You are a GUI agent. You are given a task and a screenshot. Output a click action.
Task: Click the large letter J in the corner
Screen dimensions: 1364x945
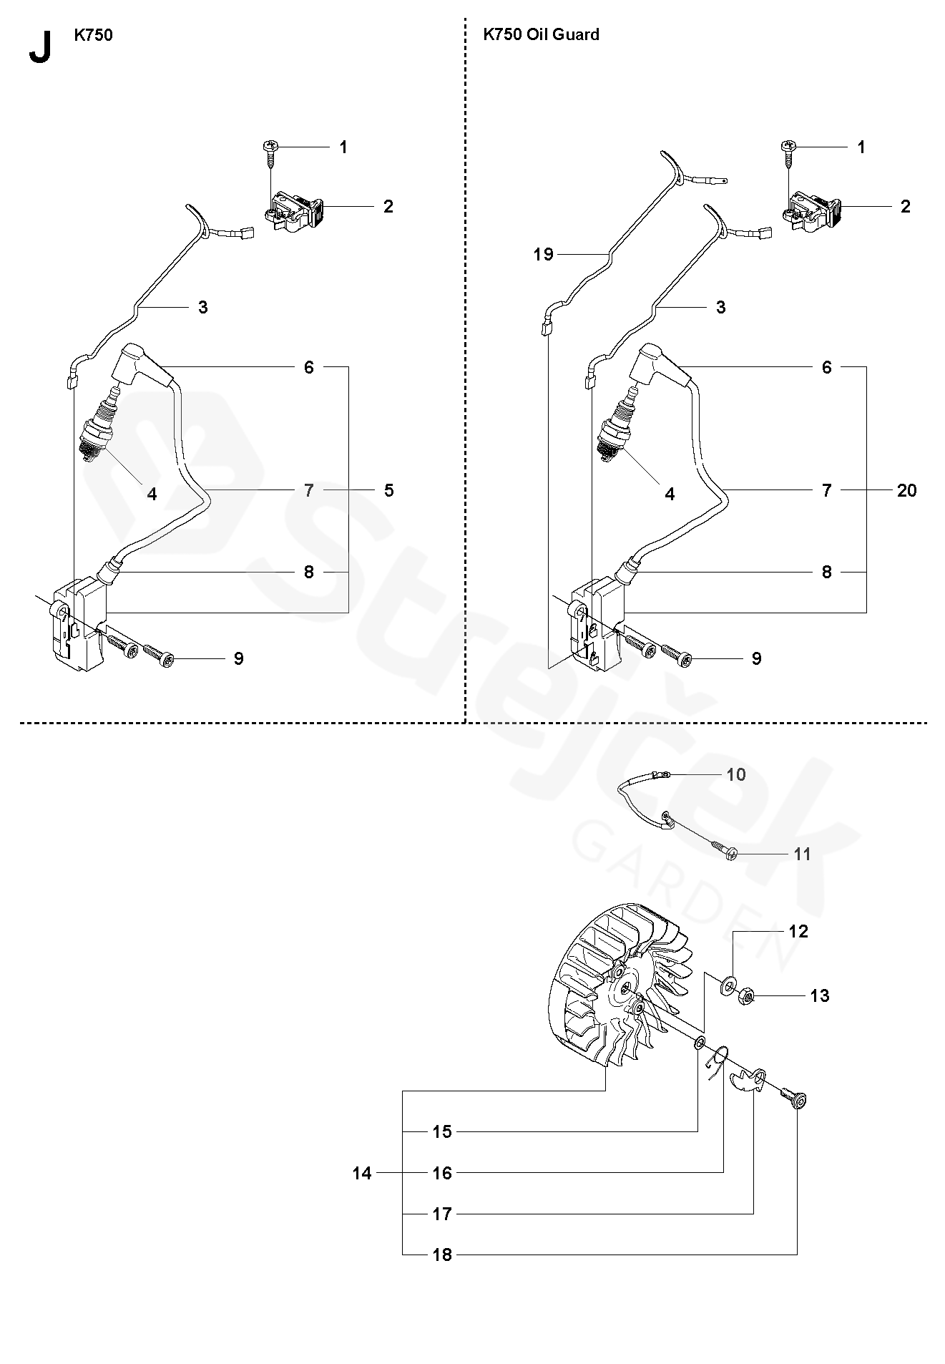(40, 47)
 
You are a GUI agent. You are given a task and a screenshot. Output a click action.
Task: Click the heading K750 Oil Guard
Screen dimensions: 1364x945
(541, 34)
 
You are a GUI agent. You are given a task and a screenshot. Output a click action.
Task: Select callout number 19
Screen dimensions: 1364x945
(543, 254)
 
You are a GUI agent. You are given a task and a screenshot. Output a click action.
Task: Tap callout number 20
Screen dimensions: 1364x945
(906, 490)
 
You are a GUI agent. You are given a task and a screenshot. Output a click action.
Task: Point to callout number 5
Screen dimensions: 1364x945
(388, 490)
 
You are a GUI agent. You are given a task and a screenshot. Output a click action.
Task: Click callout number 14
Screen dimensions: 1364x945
(362, 1173)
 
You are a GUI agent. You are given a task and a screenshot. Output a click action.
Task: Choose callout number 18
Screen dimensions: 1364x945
(443, 1255)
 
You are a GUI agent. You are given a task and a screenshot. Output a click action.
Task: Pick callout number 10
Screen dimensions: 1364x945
(735, 774)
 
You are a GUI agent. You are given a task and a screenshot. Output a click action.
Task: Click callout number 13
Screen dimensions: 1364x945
(819, 995)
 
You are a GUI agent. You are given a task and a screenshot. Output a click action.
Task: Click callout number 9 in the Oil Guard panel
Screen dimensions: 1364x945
(756, 658)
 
